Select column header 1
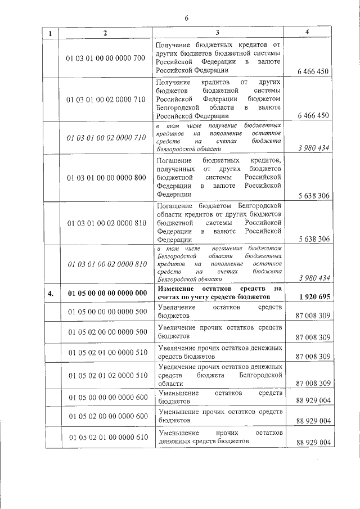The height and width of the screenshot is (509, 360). point(51,33)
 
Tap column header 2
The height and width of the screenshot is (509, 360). point(105,33)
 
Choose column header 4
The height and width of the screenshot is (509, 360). point(307,32)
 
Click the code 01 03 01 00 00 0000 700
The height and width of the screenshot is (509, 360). point(106,57)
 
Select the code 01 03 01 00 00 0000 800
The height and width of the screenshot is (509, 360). point(106,177)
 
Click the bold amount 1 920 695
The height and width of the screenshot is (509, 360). point(312,296)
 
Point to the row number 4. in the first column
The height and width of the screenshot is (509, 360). point(51,293)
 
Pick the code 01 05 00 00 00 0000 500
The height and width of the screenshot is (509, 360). point(106,311)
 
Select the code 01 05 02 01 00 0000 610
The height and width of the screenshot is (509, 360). point(106,437)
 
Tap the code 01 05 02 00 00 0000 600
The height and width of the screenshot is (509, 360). point(106,416)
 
